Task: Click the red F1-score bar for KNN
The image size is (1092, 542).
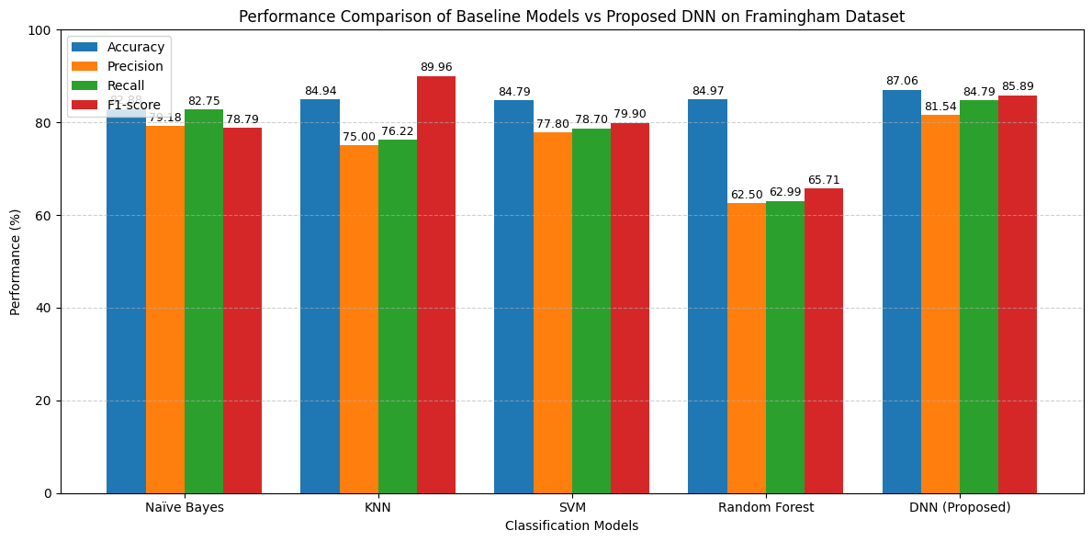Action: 436,285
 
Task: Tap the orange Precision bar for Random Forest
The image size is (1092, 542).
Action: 746,348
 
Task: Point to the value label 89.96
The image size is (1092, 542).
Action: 436,67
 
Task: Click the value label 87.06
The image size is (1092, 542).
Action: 901,81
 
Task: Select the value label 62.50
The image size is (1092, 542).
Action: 746,195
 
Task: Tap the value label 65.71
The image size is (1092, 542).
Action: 824,180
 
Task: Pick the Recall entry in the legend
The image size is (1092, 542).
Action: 127,85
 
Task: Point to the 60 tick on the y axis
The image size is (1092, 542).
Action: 43,216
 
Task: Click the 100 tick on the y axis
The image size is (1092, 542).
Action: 39,30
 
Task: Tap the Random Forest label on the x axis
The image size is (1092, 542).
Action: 765,507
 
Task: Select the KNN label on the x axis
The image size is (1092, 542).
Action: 377,507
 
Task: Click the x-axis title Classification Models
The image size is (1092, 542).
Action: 571,525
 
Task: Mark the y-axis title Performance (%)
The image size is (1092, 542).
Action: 16,262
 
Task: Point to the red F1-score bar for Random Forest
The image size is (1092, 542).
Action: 824,341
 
